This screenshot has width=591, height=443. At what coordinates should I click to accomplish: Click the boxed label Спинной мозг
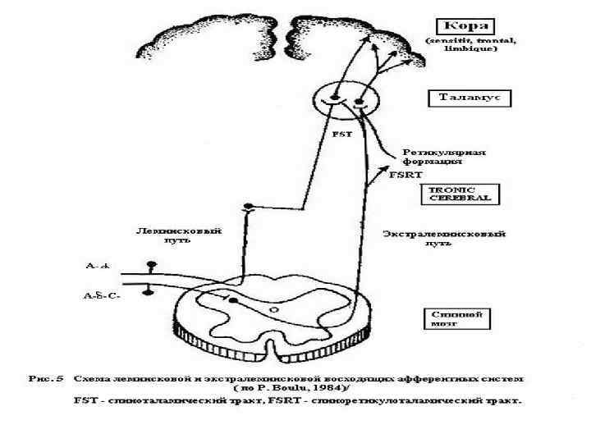[449, 317]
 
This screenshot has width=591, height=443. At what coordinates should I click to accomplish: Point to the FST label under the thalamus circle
[338, 136]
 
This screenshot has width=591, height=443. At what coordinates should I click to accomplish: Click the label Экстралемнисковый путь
[444, 239]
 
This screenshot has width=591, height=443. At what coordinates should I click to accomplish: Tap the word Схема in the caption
[90, 378]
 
